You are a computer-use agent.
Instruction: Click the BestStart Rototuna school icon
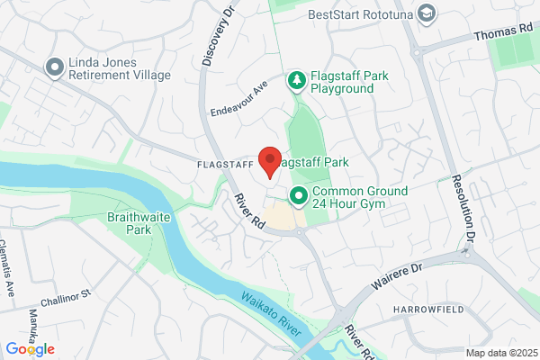coord(427,13)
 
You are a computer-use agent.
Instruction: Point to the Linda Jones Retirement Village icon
coord(55,67)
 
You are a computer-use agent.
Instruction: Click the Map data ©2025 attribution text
coord(501,353)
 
